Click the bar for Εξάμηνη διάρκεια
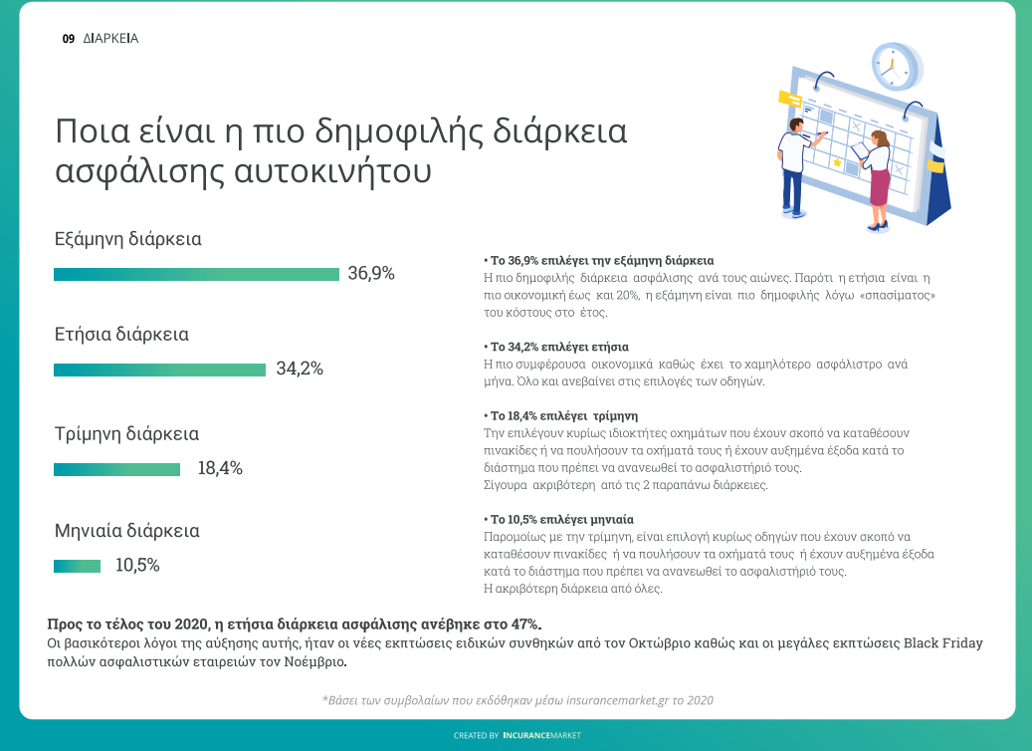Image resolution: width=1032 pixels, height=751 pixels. tap(196, 274)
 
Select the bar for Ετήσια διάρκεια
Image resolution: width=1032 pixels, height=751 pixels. tap(160, 370)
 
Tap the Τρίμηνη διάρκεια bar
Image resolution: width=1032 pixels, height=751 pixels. tap(116, 469)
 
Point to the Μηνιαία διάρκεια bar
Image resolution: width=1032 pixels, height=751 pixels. tap(77, 566)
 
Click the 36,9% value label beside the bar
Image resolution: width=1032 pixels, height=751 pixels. tap(371, 274)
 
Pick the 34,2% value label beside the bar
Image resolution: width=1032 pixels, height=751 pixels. tap(300, 370)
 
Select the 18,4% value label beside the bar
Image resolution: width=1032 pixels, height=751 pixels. tap(220, 469)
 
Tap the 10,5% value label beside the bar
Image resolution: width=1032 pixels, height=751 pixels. tap(137, 566)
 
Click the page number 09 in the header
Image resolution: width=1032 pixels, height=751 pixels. tap(68, 39)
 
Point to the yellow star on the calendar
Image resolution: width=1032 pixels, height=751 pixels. tap(837, 162)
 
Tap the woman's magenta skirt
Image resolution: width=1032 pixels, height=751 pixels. tap(880, 185)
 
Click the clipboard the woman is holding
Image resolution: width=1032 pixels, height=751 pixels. tap(859, 149)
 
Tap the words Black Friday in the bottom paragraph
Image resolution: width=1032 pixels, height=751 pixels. tap(942, 642)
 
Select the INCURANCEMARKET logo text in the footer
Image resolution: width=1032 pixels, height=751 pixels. tap(542, 735)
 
